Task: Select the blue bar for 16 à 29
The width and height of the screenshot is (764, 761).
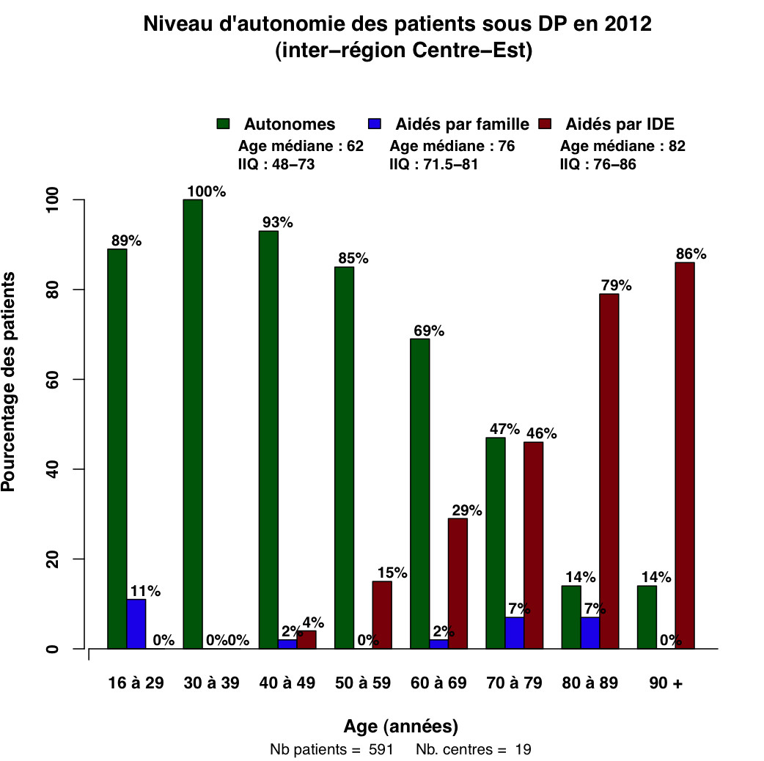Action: [x=136, y=624]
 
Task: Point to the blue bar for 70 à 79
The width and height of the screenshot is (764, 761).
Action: [x=515, y=633]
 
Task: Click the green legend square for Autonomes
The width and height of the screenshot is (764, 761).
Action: [x=224, y=124]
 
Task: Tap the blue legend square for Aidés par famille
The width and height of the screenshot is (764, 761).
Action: [x=374, y=124]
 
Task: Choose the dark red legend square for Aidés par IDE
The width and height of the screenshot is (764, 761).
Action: [x=545, y=124]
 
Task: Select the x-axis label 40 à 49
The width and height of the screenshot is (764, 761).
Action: [x=287, y=684]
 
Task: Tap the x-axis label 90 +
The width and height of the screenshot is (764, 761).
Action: [x=665, y=684]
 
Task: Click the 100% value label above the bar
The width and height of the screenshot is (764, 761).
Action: [x=206, y=192]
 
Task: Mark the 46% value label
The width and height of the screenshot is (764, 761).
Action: [x=540, y=433]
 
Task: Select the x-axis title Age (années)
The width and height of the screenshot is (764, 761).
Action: [x=401, y=727]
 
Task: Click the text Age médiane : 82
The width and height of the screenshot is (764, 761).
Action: [x=622, y=146]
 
